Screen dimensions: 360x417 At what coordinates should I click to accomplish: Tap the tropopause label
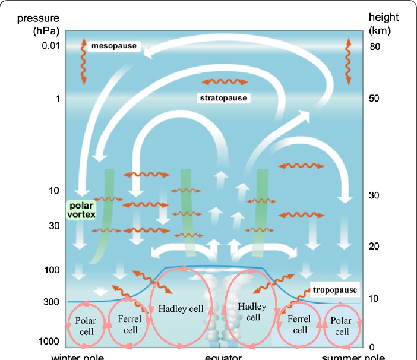(336, 289)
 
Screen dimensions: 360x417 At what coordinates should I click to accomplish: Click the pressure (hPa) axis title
(37, 24)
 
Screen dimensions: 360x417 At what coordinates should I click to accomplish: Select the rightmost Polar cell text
(342, 327)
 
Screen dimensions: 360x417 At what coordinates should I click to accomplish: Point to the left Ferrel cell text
(129, 324)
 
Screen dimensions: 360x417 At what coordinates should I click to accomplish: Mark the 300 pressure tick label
(49, 302)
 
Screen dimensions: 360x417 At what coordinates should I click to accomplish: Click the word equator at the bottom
(222, 356)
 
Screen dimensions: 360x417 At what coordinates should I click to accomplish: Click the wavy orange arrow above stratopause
(225, 81)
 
